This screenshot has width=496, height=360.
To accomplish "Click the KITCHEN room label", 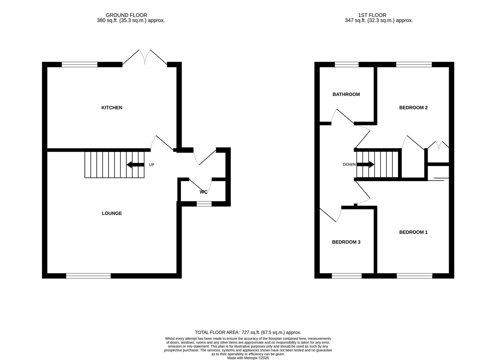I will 112,108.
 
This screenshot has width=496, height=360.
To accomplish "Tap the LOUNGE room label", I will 112,213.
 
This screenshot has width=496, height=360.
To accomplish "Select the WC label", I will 203,192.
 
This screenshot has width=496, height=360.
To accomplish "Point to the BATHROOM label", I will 346,94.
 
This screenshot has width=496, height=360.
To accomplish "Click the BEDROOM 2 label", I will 413,108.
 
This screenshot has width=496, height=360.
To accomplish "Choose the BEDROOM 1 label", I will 413,232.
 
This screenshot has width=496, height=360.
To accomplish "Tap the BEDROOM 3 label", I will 346,242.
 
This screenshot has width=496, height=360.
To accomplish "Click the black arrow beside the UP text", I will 135,165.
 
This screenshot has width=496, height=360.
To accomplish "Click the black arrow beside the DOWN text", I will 366,165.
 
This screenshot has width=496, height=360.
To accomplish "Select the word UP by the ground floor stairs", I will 152,165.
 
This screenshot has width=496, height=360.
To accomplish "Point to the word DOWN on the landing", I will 349,165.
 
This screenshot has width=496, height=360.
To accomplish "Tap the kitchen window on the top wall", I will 79,65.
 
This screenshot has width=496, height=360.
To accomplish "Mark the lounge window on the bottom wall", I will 88,276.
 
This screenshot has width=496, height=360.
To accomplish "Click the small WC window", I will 204,204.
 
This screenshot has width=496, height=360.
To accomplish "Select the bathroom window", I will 346,65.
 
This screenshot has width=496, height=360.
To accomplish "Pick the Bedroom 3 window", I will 346,276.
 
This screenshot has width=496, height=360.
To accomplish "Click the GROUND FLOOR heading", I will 126,15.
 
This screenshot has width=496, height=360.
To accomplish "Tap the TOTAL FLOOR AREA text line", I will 248,332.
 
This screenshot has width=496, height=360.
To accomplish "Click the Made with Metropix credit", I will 248,358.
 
